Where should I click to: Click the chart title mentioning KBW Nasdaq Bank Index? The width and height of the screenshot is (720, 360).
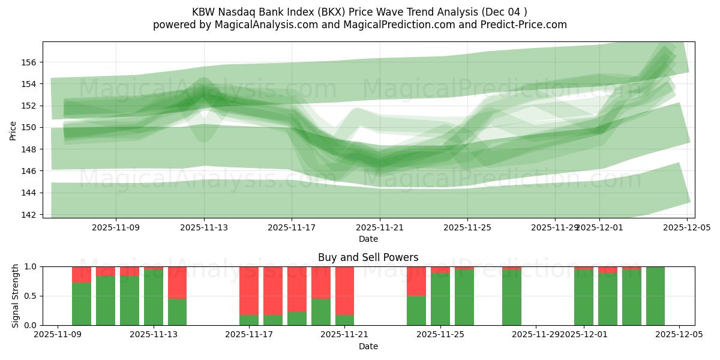[360, 12]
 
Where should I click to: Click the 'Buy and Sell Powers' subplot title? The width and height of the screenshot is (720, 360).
[368, 257]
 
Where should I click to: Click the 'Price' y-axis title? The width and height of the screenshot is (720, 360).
[13, 130]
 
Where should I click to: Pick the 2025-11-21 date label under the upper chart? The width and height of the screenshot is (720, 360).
[380, 227]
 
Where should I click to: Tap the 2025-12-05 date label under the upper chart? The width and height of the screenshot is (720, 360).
[686, 227]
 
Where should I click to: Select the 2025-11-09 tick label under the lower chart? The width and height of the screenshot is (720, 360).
[58, 335]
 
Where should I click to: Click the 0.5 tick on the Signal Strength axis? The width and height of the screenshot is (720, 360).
[30, 296]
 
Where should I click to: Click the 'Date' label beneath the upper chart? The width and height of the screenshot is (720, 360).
[368, 239]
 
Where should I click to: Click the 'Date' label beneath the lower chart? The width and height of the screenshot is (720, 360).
[368, 346]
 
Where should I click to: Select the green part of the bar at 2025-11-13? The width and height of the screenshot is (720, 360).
[154, 298]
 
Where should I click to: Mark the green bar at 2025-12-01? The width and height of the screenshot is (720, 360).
[584, 298]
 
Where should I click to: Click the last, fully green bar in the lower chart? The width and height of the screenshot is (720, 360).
[655, 296]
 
